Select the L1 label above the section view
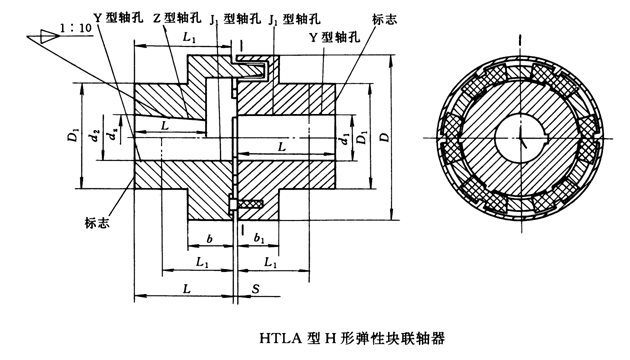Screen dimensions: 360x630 click(190, 36)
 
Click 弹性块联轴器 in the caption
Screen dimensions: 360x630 click(400, 338)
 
